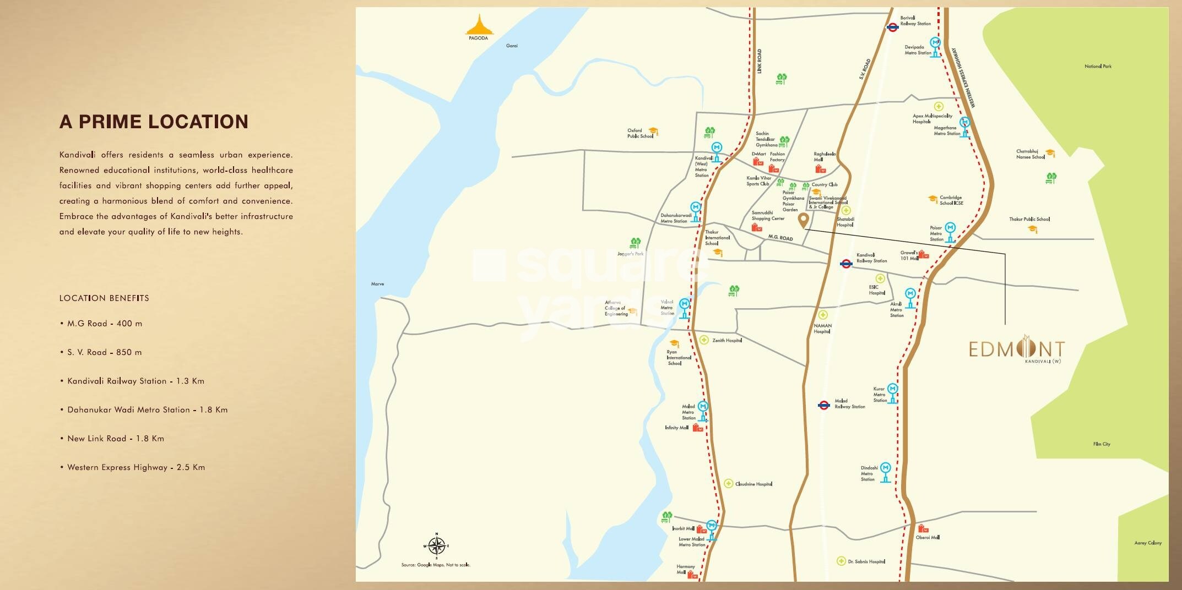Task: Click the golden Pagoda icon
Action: [478, 25]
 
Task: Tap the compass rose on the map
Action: [436, 545]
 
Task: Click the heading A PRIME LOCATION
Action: [154, 122]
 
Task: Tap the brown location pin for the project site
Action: [804, 221]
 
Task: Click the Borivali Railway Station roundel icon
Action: [893, 27]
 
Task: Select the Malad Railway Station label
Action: [849, 404]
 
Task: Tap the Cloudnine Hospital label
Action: [753, 484]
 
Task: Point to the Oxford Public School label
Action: [639, 133]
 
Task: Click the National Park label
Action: [1098, 67]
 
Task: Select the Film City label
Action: [1102, 444]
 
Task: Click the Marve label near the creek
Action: [377, 284]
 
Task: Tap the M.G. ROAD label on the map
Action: [780, 238]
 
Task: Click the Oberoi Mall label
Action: [928, 537]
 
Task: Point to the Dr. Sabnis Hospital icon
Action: [841, 561]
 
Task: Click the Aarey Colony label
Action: [1148, 543]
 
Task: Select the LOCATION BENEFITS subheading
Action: [104, 298]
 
